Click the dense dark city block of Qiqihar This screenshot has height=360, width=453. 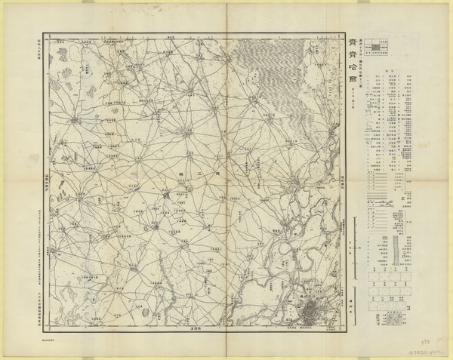point(310,310)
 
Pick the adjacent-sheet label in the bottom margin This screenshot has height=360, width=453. point(187,333)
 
